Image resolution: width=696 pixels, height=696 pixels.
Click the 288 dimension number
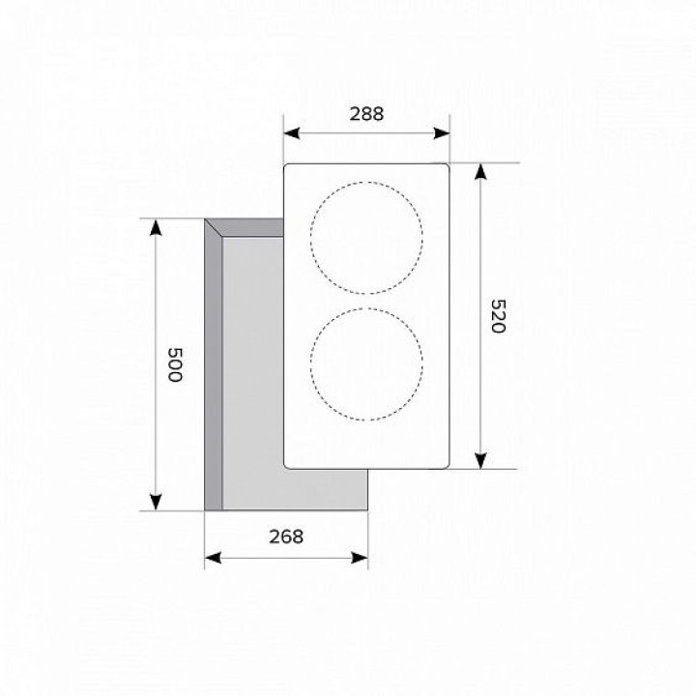click(366, 114)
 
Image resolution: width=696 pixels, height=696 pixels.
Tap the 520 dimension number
click(499, 316)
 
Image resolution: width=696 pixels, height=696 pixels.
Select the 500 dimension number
click(175, 364)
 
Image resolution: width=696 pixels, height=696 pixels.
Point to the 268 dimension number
click(286, 536)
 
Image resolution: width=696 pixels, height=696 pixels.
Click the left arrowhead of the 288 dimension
click(292, 132)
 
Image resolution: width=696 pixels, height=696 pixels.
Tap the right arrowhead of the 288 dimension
click(442, 132)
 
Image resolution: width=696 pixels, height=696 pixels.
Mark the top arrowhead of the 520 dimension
click(480, 172)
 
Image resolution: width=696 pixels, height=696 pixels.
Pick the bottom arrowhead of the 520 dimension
click(480, 461)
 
